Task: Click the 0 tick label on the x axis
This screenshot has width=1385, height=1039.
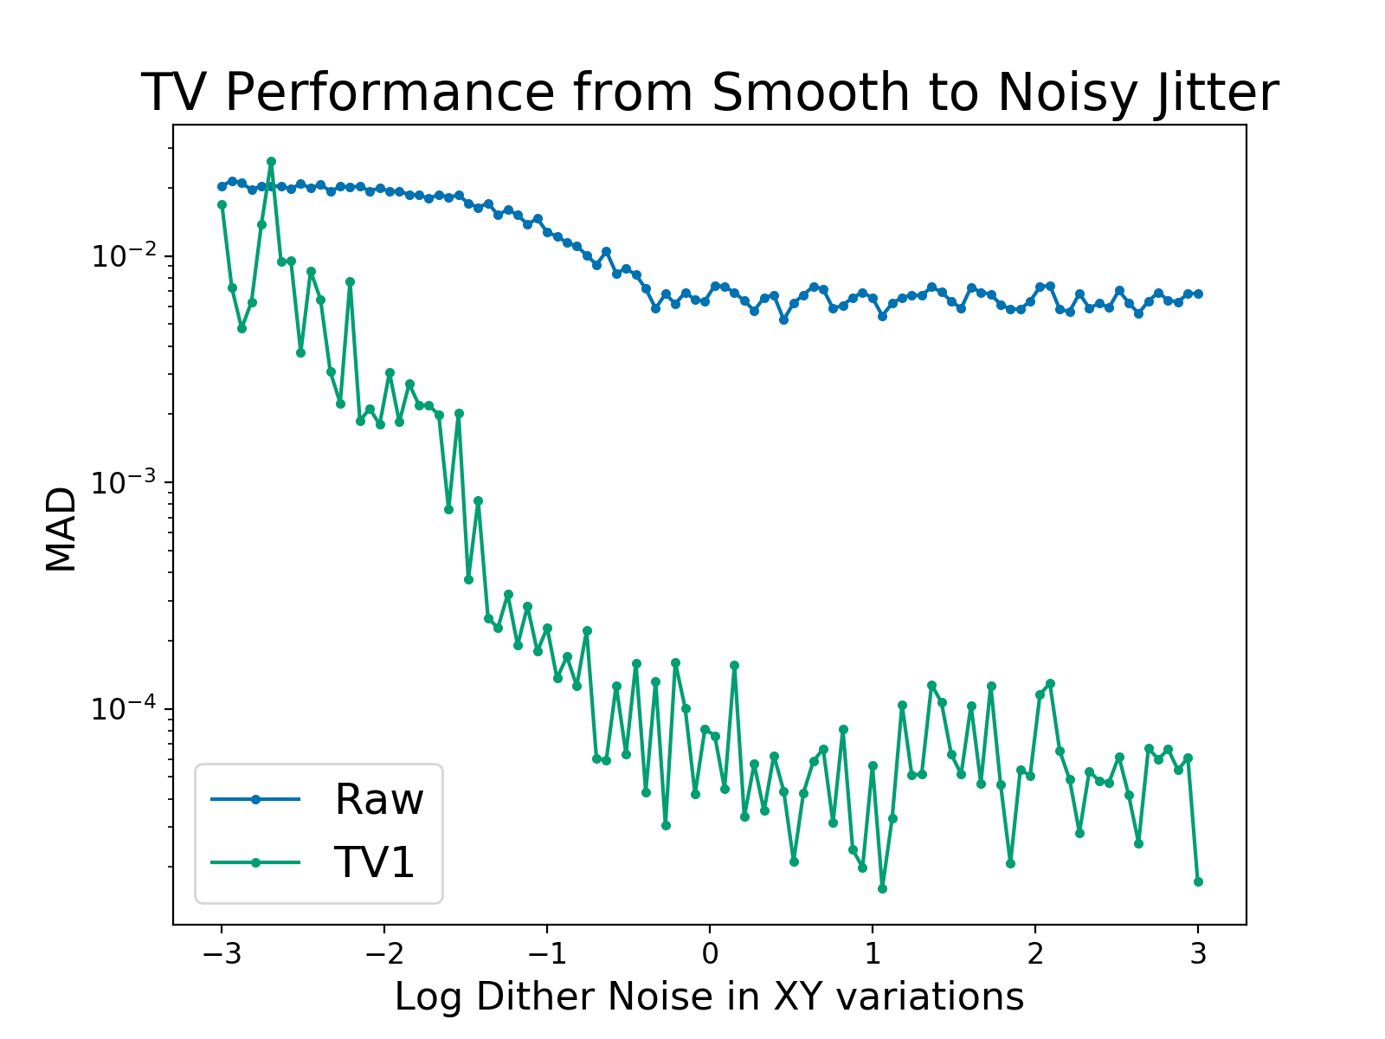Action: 710,954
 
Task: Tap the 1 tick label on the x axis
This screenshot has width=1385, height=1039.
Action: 873,954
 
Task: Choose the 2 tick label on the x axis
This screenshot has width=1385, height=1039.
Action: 1035,954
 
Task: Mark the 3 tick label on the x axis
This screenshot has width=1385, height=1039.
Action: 1198,954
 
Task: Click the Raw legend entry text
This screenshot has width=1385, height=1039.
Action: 379,799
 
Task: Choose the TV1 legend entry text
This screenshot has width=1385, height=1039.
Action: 375,862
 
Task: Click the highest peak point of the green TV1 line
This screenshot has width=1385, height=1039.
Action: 271,161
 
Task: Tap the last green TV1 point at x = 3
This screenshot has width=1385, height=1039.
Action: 1198,881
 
